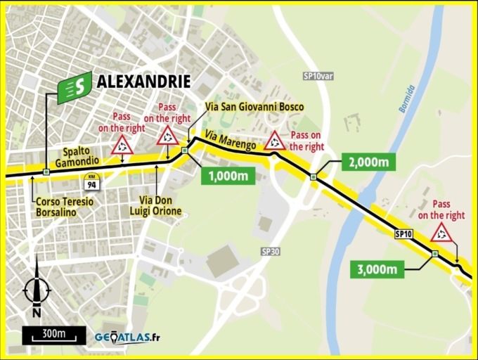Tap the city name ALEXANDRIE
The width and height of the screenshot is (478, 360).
(x=143, y=82)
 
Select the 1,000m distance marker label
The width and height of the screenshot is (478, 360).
(x=228, y=176)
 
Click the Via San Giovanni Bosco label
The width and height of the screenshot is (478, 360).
(x=254, y=107)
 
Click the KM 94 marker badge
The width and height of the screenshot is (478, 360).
(x=91, y=181)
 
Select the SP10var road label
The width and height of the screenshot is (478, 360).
(x=317, y=76)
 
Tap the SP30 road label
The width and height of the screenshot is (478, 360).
(x=270, y=251)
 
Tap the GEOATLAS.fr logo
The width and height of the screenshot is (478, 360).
(x=127, y=337)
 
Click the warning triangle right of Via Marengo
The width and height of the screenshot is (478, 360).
(x=274, y=141)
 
